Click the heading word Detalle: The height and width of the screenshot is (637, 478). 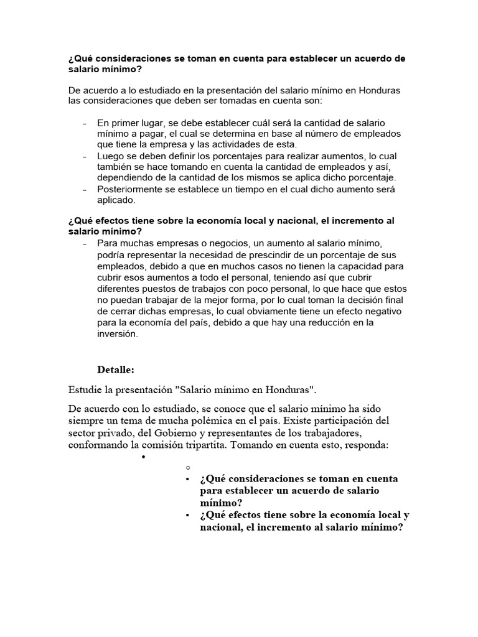tap(115, 370)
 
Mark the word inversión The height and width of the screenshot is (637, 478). tap(116, 333)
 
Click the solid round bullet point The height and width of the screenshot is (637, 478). tap(143, 457)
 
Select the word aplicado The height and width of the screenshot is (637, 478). tap(116, 201)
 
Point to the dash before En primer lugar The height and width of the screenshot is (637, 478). tap(84, 123)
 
